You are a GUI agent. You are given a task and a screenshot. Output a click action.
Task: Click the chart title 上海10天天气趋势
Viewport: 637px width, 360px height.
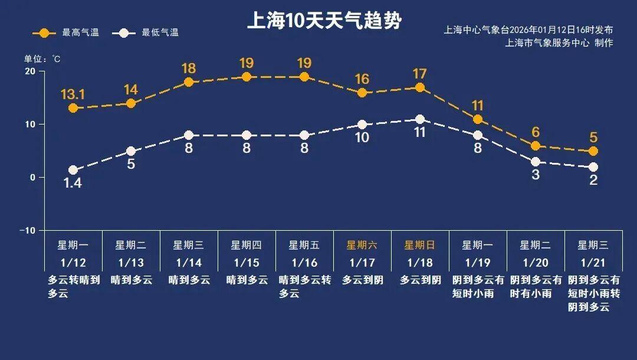coord(324,21)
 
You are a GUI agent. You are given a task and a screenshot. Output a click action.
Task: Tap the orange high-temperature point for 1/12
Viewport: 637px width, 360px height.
coord(73,108)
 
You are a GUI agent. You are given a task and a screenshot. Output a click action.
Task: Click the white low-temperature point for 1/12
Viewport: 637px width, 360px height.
coord(73,170)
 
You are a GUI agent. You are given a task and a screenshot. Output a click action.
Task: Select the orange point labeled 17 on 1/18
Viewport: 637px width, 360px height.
coord(420,87)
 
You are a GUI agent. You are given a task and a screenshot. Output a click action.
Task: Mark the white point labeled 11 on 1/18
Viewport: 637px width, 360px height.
coord(420,119)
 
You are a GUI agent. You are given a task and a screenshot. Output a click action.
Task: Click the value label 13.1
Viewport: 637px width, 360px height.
coord(73,94)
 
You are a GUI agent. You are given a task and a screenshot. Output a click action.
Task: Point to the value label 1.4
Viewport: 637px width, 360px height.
coord(73,184)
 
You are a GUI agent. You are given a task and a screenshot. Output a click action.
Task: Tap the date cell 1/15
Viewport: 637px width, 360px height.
coord(247,263)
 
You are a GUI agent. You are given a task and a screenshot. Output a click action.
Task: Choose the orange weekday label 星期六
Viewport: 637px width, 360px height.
coord(362,245)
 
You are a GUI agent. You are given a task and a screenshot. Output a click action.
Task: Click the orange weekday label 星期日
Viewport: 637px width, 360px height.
coord(420,245)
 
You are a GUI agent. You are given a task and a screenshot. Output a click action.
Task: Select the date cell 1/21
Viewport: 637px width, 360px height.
coord(593,263)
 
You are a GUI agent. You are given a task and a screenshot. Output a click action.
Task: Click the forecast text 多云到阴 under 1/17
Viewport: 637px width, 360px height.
coord(362,280)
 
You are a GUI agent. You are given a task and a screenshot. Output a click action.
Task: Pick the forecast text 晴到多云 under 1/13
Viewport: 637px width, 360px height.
coord(131,280)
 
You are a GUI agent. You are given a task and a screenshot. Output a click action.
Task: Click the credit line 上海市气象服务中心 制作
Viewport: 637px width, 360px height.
coord(559,43)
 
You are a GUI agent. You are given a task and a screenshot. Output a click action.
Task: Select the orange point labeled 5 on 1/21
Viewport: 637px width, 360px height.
coord(593,152)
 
